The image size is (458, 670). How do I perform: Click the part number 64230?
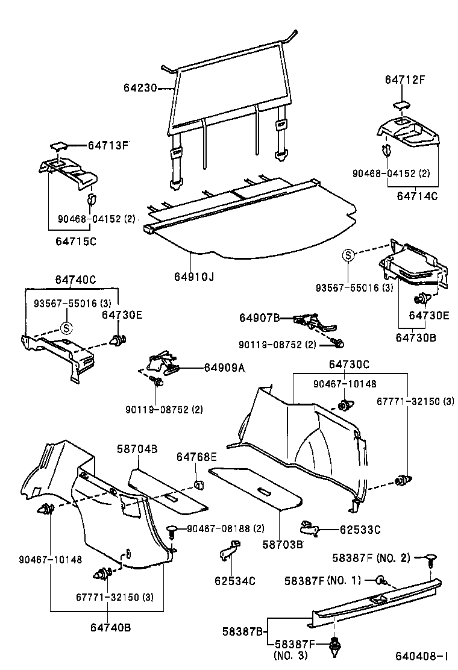pos(140,88)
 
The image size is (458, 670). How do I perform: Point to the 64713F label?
pos(108,145)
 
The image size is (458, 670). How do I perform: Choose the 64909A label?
pos(224,368)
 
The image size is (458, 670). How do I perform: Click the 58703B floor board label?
pos(282,544)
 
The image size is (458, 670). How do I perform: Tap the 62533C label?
pos(360,530)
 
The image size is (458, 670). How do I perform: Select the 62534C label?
pos(235,581)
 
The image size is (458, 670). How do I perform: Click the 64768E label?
pos(196,458)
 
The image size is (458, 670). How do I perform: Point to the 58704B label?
pos(137,449)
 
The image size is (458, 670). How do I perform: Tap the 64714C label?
pos(417,196)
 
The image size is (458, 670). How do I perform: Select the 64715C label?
pos(76,241)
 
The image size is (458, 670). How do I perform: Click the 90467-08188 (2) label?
pos(225,528)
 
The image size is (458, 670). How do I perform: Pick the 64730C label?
pos(349,364)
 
